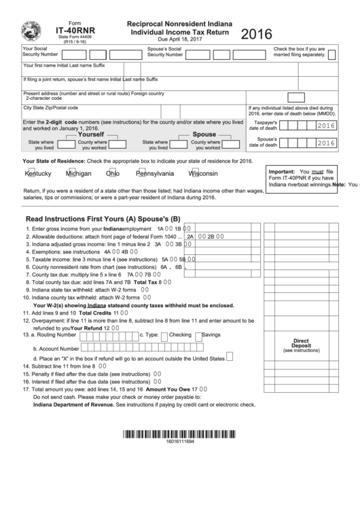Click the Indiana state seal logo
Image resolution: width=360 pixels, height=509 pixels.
31,30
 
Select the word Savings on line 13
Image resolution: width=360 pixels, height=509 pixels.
211,335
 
